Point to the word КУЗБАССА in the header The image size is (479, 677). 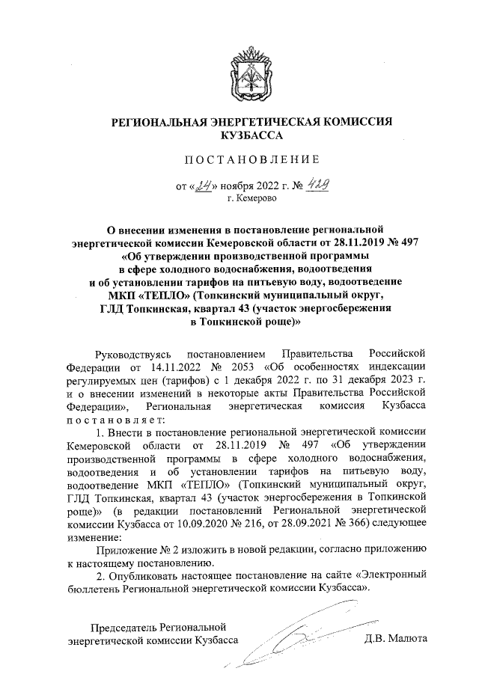(251, 135)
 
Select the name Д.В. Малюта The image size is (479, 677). (395, 640)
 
